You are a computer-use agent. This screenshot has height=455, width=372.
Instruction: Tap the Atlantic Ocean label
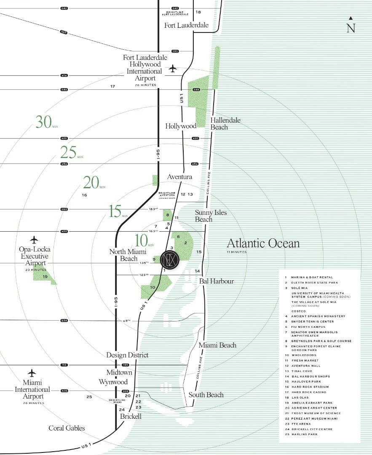(263, 243)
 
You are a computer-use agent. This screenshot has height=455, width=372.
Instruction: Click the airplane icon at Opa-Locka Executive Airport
(34, 240)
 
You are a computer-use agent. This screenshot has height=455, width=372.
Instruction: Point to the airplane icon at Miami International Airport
(32, 373)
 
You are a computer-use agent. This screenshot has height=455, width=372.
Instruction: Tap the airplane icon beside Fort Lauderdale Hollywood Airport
(172, 69)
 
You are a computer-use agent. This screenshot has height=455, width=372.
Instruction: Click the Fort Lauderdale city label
(186, 25)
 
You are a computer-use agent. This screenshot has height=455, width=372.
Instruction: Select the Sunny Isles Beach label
(210, 216)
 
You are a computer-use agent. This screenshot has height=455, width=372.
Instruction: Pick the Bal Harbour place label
(217, 281)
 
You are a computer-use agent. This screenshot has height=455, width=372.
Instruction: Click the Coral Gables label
(67, 428)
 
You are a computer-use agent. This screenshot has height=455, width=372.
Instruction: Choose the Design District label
(127, 355)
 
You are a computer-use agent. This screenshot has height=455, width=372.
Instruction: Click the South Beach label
(206, 395)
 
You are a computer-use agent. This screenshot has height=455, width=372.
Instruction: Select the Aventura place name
(179, 177)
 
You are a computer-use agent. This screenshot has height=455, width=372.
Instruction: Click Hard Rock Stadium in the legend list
(307, 387)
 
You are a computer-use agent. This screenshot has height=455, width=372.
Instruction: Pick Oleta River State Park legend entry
(312, 283)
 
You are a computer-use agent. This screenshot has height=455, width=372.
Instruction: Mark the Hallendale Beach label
(225, 123)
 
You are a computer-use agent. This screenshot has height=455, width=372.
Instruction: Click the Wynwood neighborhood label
(113, 382)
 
